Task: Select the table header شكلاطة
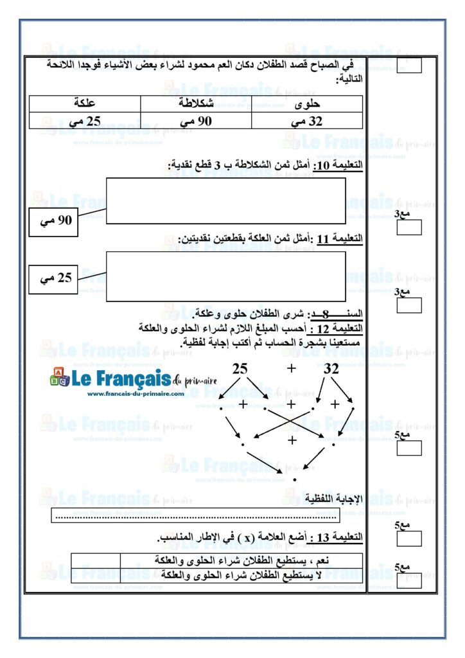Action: coord(196,103)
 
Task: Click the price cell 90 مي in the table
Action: coord(196,121)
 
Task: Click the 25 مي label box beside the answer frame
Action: coord(54,278)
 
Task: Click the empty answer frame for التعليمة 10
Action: coord(225,200)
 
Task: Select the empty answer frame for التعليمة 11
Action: coord(225,276)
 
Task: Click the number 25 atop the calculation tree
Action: coord(240,369)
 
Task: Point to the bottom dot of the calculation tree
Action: coord(294,479)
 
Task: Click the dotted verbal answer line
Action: coord(196,516)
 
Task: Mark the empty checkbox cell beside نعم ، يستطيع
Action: coord(95,560)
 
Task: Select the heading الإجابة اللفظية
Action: coord(340,499)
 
